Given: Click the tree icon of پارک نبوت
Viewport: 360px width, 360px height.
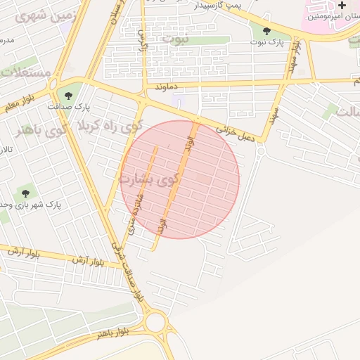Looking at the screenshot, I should pos(266,30).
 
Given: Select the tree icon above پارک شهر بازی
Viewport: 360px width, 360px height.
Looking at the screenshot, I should pos(26,193).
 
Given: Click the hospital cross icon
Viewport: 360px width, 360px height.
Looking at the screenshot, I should pos(342,6).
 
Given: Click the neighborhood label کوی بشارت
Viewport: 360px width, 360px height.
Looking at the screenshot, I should pos(150,179).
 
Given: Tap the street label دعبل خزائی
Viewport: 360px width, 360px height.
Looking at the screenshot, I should pos(235,134).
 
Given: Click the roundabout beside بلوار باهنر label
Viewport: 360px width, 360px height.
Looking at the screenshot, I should pos(156,323).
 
